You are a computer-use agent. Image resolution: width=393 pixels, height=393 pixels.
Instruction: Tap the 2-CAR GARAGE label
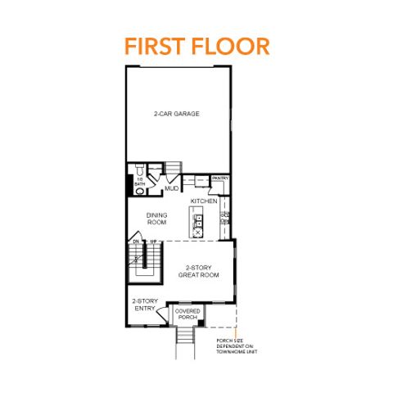[x=177, y=113]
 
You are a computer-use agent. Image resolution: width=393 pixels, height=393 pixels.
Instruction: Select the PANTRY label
[x=220, y=178]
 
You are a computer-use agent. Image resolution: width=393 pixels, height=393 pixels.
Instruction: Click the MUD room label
[x=172, y=189]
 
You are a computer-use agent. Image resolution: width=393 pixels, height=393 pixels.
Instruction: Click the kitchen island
[x=197, y=219]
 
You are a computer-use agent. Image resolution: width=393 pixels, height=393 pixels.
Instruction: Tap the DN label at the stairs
[x=136, y=241]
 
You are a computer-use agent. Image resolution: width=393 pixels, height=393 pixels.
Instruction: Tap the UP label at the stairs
[x=152, y=241]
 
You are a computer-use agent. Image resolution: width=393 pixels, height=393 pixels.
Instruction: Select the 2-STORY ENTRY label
[x=146, y=305]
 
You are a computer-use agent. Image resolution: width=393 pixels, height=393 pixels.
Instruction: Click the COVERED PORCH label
[x=187, y=314]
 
